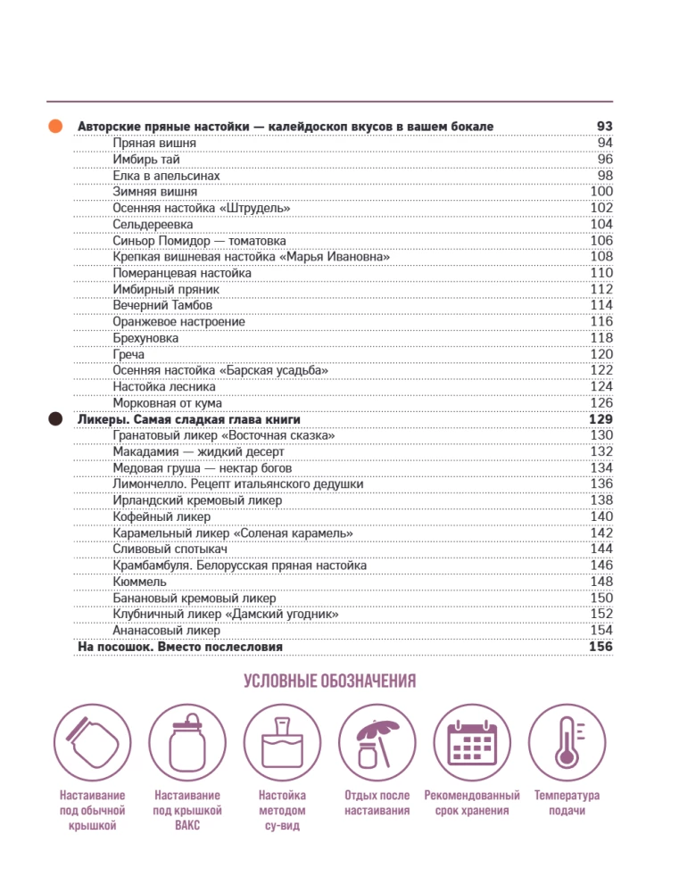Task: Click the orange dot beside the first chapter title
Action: pyautogui.click(x=55, y=127)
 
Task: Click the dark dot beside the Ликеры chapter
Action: pyautogui.click(x=55, y=418)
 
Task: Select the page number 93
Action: pyautogui.click(x=604, y=127)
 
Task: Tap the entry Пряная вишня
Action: pyautogui.click(x=154, y=143)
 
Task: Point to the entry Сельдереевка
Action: pyautogui.click(x=153, y=224)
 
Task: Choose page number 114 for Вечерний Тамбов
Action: pyautogui.click(x=601, y=305)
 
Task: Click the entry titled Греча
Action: pyautogui.click(x=128, y=354)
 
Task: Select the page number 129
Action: pyautogui.click(x=601, y=418)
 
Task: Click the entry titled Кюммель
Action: pyautogui.click(x=138, y=582)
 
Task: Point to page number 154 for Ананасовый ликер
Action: pyautogui.click(x=601, y=630)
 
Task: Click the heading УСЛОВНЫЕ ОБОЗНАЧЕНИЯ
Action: pyautogui.click(x=331, y=683)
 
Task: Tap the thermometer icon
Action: pyautogui.click(x=566, y=742)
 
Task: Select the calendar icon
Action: pyautogui.click(x=471, y=742)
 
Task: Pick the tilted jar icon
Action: pyautogui.click(x=93, y=742)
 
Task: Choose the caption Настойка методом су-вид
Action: pyautogui.click(x=281, y=810)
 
